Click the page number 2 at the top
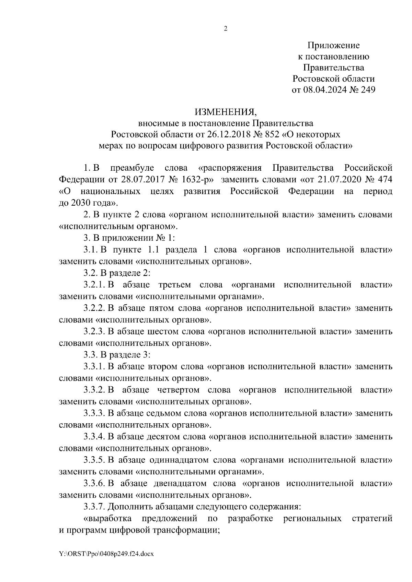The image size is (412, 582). click(226, 29)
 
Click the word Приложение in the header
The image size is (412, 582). click(333, 45)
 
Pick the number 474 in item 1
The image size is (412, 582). click(385, 180)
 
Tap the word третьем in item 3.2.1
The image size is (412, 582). click(175, 285)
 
